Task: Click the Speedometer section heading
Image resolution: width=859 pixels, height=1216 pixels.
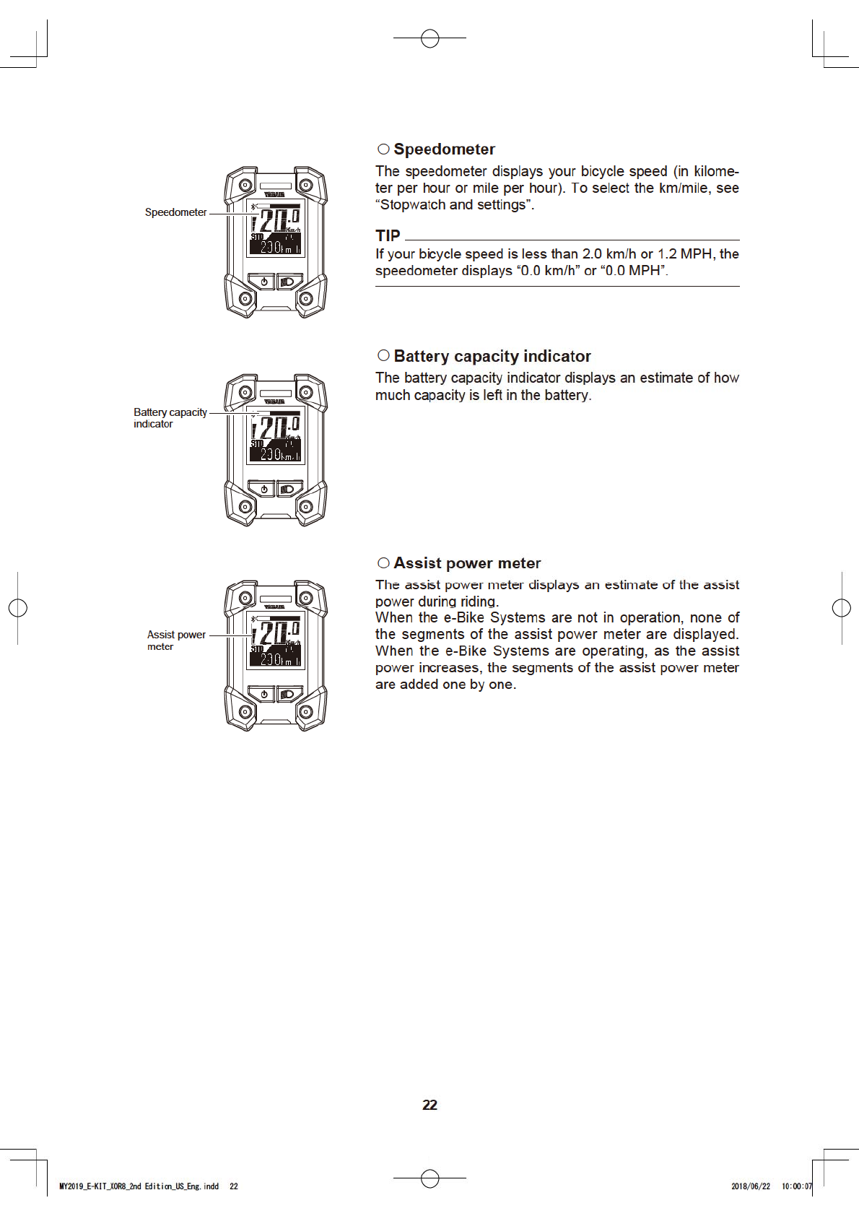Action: coord(444,149)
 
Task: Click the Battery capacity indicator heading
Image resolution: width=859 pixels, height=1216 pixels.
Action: coord(492,356)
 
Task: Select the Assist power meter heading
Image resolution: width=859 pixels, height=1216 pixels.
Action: coord(467,563)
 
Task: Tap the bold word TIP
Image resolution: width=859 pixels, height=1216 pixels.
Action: coord(388,236)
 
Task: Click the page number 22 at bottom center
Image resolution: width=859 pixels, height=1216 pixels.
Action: coord(429,1105)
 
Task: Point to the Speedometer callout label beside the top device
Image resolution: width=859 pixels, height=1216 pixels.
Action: coord(175,212)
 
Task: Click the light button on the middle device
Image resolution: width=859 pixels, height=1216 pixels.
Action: coord(288,489)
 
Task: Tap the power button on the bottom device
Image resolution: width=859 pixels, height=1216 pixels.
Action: coord(263,694)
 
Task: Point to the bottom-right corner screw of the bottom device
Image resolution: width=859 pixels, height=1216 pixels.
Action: coord(305,712)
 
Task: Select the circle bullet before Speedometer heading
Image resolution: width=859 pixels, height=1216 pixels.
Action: coord(383,149)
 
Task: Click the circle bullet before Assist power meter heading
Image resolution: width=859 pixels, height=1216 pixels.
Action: coord(383,563)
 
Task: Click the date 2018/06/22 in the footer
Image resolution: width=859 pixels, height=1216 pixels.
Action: coord(751,1186)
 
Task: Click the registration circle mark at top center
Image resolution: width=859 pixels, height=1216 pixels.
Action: coord(429,38)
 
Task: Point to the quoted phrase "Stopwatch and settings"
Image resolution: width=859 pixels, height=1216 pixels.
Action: coord(455,205)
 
